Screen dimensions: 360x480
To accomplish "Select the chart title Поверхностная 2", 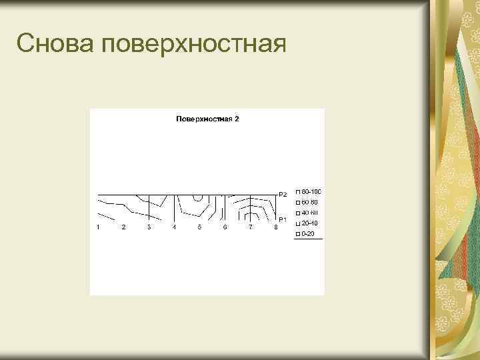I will coord(207,119).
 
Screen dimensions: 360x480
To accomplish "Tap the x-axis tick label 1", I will coord(98,227).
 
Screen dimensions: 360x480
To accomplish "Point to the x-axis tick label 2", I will coord(123,227).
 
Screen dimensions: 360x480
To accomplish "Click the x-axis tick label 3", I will coord(149,227).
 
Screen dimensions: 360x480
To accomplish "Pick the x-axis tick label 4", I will coord(174,227).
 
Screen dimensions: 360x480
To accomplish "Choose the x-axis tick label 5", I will coord(199,227).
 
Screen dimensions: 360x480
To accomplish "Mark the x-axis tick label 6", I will coord(225,227).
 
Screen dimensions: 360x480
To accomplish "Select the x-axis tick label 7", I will coord(250,227).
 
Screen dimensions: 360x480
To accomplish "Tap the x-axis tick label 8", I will coord(275,227).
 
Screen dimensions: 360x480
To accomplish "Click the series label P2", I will coord(283,195).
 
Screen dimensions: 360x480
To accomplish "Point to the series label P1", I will coord(283,219).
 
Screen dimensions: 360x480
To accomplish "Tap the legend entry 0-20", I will coord(308,234).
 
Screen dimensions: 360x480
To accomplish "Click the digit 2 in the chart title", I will coord(237,119).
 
